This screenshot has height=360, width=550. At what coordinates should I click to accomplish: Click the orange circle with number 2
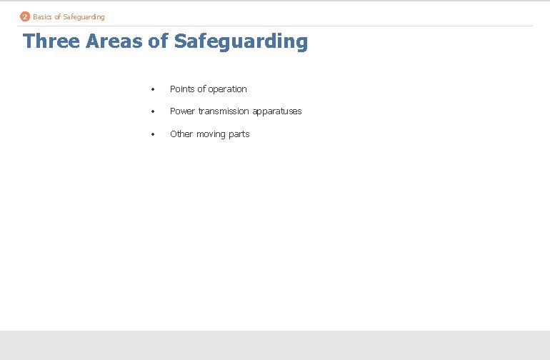point(25,16)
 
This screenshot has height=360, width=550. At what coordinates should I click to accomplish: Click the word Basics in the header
point(42,16)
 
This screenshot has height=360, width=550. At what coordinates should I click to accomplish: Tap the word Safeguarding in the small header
point(84,16)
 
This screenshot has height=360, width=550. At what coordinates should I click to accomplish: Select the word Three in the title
point(51,41)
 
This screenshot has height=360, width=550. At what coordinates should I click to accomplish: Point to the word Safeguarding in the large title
point(241,41)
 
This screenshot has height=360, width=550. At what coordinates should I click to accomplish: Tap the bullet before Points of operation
point(153,89)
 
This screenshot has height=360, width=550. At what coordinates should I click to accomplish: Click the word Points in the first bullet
point(182,89)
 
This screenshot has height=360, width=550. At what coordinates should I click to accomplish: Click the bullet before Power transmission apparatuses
point(153,111)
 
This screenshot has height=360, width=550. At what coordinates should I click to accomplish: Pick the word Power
point(182,111)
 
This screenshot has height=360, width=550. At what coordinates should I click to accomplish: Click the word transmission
point(223,111)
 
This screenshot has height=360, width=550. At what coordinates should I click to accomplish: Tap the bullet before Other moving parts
point(153,134)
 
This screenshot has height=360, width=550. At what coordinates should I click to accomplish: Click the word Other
point(181,134)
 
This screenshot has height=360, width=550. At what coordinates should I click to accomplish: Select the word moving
point(211,134)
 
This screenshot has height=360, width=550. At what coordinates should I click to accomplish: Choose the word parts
point(239,134)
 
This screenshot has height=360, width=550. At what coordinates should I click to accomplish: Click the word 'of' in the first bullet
point(201,89)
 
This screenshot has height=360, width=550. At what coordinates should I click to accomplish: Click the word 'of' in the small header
point(57,16)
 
